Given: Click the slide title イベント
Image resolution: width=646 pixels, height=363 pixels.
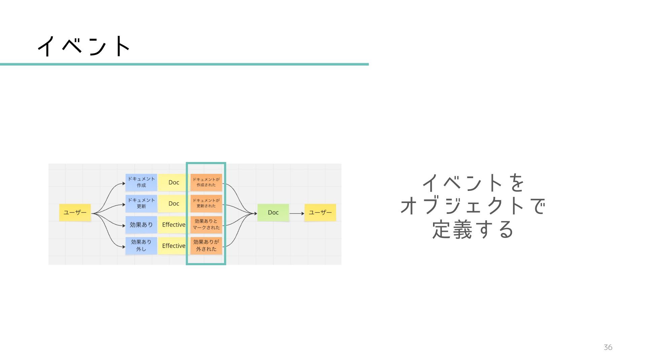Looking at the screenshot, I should [x=84, y=46].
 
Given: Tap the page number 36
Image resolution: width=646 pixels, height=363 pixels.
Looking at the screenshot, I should [x=608, y=348].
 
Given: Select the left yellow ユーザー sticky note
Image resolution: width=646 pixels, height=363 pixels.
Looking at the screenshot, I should [x=75, y=212].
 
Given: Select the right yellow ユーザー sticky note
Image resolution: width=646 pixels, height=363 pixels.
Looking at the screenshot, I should [x=320, y=212].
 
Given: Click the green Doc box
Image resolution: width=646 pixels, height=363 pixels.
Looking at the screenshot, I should [x=273, y=212].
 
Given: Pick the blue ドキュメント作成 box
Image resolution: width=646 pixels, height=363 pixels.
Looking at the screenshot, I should [x=141, y=182].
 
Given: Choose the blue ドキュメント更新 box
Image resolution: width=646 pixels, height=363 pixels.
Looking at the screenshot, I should [x=141, y=203].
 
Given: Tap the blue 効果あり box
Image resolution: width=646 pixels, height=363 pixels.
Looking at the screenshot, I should [x=141, y=225].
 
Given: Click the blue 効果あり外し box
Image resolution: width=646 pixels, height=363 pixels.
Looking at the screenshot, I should [x=141, y=246].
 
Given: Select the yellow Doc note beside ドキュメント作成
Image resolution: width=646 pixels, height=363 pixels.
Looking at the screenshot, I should [x=174, y=182].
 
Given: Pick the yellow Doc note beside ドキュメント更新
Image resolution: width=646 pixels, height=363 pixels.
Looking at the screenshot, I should [x=174, y=203].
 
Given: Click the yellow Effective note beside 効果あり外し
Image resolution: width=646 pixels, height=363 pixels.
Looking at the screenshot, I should [x=174, y=246].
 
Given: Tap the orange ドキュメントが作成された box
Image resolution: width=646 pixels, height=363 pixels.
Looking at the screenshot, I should [x=206, y=182].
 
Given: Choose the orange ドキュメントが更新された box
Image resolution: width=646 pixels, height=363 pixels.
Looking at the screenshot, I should [x=206, y=203].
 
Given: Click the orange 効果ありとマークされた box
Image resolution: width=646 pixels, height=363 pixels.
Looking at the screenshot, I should [x=206, y=225].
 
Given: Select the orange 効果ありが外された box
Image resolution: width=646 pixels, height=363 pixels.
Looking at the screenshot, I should [x=206, y=246].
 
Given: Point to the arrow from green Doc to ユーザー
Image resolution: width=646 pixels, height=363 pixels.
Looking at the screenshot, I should [x=296, y=213].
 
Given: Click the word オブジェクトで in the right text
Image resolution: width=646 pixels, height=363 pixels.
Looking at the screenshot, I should [x=473, y=206].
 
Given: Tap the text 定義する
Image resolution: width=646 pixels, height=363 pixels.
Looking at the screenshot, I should [x=473, y=230].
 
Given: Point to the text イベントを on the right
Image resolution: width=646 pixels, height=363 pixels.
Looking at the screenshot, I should [x=473, y=183].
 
